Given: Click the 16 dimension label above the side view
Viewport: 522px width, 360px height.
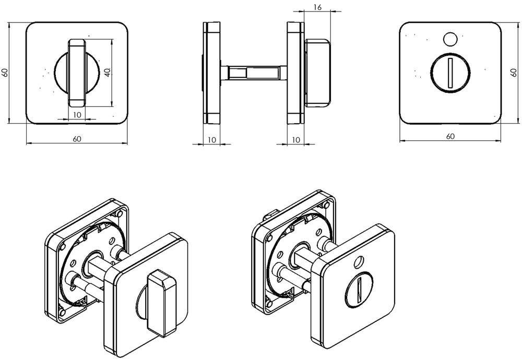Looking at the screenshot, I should tap(317, 7).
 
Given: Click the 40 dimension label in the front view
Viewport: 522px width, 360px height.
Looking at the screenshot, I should tap(108, 73).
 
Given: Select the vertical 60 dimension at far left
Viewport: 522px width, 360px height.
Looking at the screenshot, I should tap(5, 73).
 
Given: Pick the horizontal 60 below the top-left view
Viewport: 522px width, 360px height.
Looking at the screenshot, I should tap(77, 139).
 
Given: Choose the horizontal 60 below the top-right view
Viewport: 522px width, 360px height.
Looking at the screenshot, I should tap(450, 137).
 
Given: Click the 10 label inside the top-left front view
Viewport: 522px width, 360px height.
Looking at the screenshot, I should tap(77, 115).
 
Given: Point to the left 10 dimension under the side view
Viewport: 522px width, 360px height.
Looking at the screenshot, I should tap(211, 139).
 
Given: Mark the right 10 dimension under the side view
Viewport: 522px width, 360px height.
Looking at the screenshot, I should tap(295, 139).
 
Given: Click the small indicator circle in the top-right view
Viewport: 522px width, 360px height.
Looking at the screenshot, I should tap(449, 39).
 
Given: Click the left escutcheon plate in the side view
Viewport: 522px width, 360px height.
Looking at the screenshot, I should tap(212, 73).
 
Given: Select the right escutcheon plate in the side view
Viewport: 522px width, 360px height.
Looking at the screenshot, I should tap(295, 73).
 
